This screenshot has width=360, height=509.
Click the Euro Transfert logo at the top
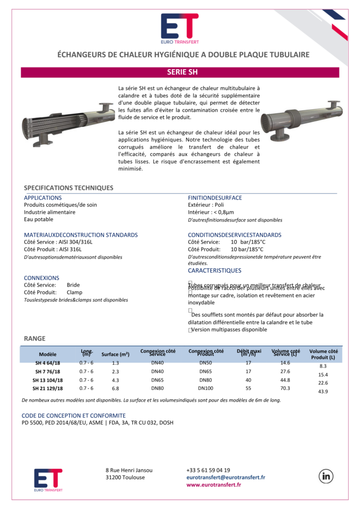[x=180, y=28]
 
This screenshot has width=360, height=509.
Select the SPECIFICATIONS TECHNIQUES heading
[x=69, y=188]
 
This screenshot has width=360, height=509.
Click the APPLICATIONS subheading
[x=43, y=198]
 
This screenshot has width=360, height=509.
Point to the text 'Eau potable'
[x=39, y=219]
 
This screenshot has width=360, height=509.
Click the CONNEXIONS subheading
[x=41, y=278]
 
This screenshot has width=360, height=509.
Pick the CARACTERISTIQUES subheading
[x=214, y=271]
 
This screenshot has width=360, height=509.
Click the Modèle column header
[x=48, y=354]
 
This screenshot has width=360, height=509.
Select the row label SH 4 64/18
[x=48, y=363]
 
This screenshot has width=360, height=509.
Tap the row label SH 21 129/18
[x=48, y=388]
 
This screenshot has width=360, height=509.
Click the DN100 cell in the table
[x=205, y=388]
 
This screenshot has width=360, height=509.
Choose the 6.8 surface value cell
[x=115, y=388]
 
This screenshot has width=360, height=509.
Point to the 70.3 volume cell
[x=285, y=388]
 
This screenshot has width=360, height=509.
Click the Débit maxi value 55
[x=248, y=388]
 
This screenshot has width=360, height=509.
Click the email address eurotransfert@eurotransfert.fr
[x=225, y=477]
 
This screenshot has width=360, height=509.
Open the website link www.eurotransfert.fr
[x=214, y=485]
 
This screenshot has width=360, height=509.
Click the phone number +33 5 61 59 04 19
[x=208, y=470]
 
